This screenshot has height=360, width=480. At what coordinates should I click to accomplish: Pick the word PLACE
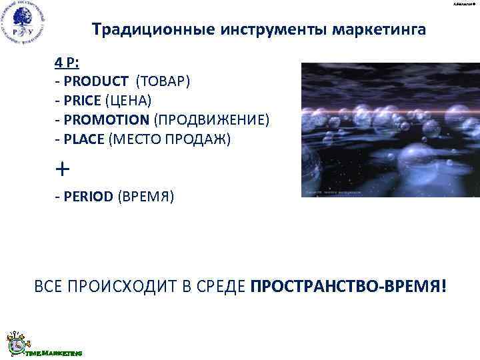coord(83,138)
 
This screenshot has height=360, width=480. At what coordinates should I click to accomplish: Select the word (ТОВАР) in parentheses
coord(163,81)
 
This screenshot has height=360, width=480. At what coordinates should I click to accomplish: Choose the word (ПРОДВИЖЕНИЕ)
coord(212,119)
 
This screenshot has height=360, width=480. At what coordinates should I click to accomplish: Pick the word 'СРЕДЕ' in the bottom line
coord(216,286)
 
